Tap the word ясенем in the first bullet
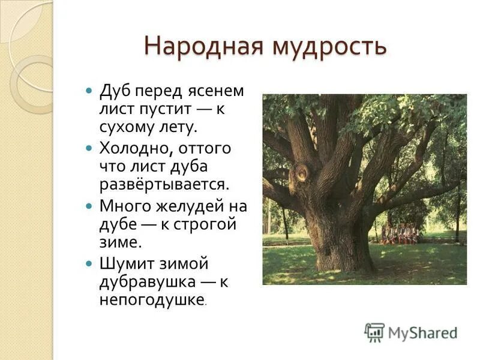(x=214, y=92)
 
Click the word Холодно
(x=131, y=148)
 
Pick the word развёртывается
(x=164, y=183)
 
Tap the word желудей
(x=188, y=207)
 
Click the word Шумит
(x=128, y=263)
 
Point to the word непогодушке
(x=152, y=299)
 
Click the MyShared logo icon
(x=374, y=332)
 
